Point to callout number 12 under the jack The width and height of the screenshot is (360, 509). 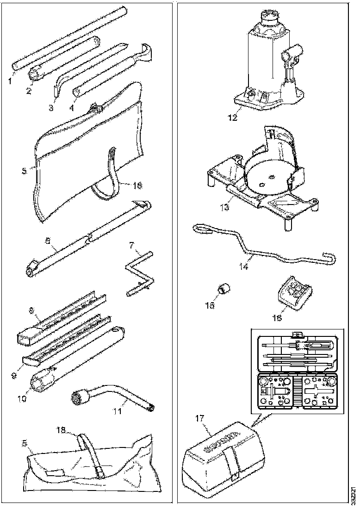[232, 118]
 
